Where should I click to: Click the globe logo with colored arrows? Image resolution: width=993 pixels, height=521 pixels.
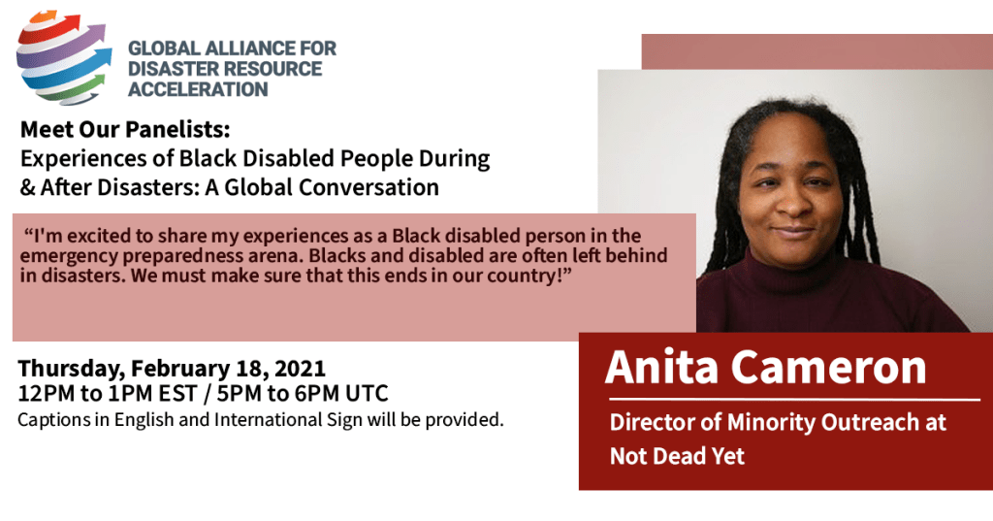click(64, 56)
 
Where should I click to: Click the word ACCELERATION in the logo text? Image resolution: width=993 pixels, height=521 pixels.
click(198, 89)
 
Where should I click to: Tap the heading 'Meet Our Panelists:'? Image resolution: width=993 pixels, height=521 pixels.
click(125, 129)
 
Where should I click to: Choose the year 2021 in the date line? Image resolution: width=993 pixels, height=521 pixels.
click(301, 369)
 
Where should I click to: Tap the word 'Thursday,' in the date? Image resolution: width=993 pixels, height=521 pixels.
click(71, 369)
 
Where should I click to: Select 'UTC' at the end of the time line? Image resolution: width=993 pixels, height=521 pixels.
click(367, 394)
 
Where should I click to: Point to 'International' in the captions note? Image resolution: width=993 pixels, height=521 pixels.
click(269, 419)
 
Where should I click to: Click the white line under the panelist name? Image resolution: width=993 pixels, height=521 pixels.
click(794, 400)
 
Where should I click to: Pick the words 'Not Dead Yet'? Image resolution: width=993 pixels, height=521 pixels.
click(677, 456)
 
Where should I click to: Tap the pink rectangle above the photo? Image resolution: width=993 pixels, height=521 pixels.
click(817, 51)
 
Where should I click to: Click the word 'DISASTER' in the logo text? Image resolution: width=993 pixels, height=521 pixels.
click(169, 69)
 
